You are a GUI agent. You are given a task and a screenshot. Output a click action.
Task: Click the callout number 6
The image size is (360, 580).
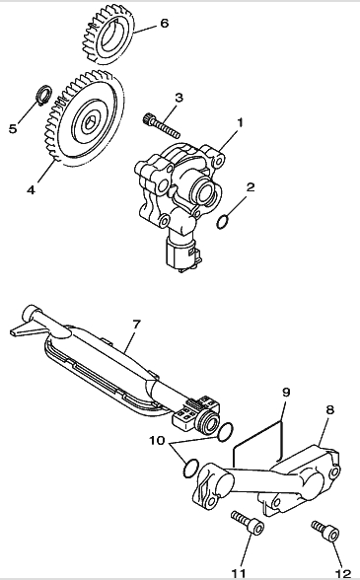(x=165, y=24)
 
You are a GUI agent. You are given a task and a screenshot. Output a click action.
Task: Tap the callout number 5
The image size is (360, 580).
(x=14, y=128)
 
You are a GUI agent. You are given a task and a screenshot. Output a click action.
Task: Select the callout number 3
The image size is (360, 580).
(x=180, y=98)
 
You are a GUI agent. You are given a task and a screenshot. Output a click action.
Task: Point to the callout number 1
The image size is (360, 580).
(x=240, y=122)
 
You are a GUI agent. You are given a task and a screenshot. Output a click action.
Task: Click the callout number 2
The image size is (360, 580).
(x=251, y=187)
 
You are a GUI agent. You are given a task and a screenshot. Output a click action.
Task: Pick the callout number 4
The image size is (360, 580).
(x=32, y=190)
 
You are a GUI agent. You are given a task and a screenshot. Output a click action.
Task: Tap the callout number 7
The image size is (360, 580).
(x=136, y=325)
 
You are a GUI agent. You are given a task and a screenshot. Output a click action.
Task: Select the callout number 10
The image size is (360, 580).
(x=157, y=441)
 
